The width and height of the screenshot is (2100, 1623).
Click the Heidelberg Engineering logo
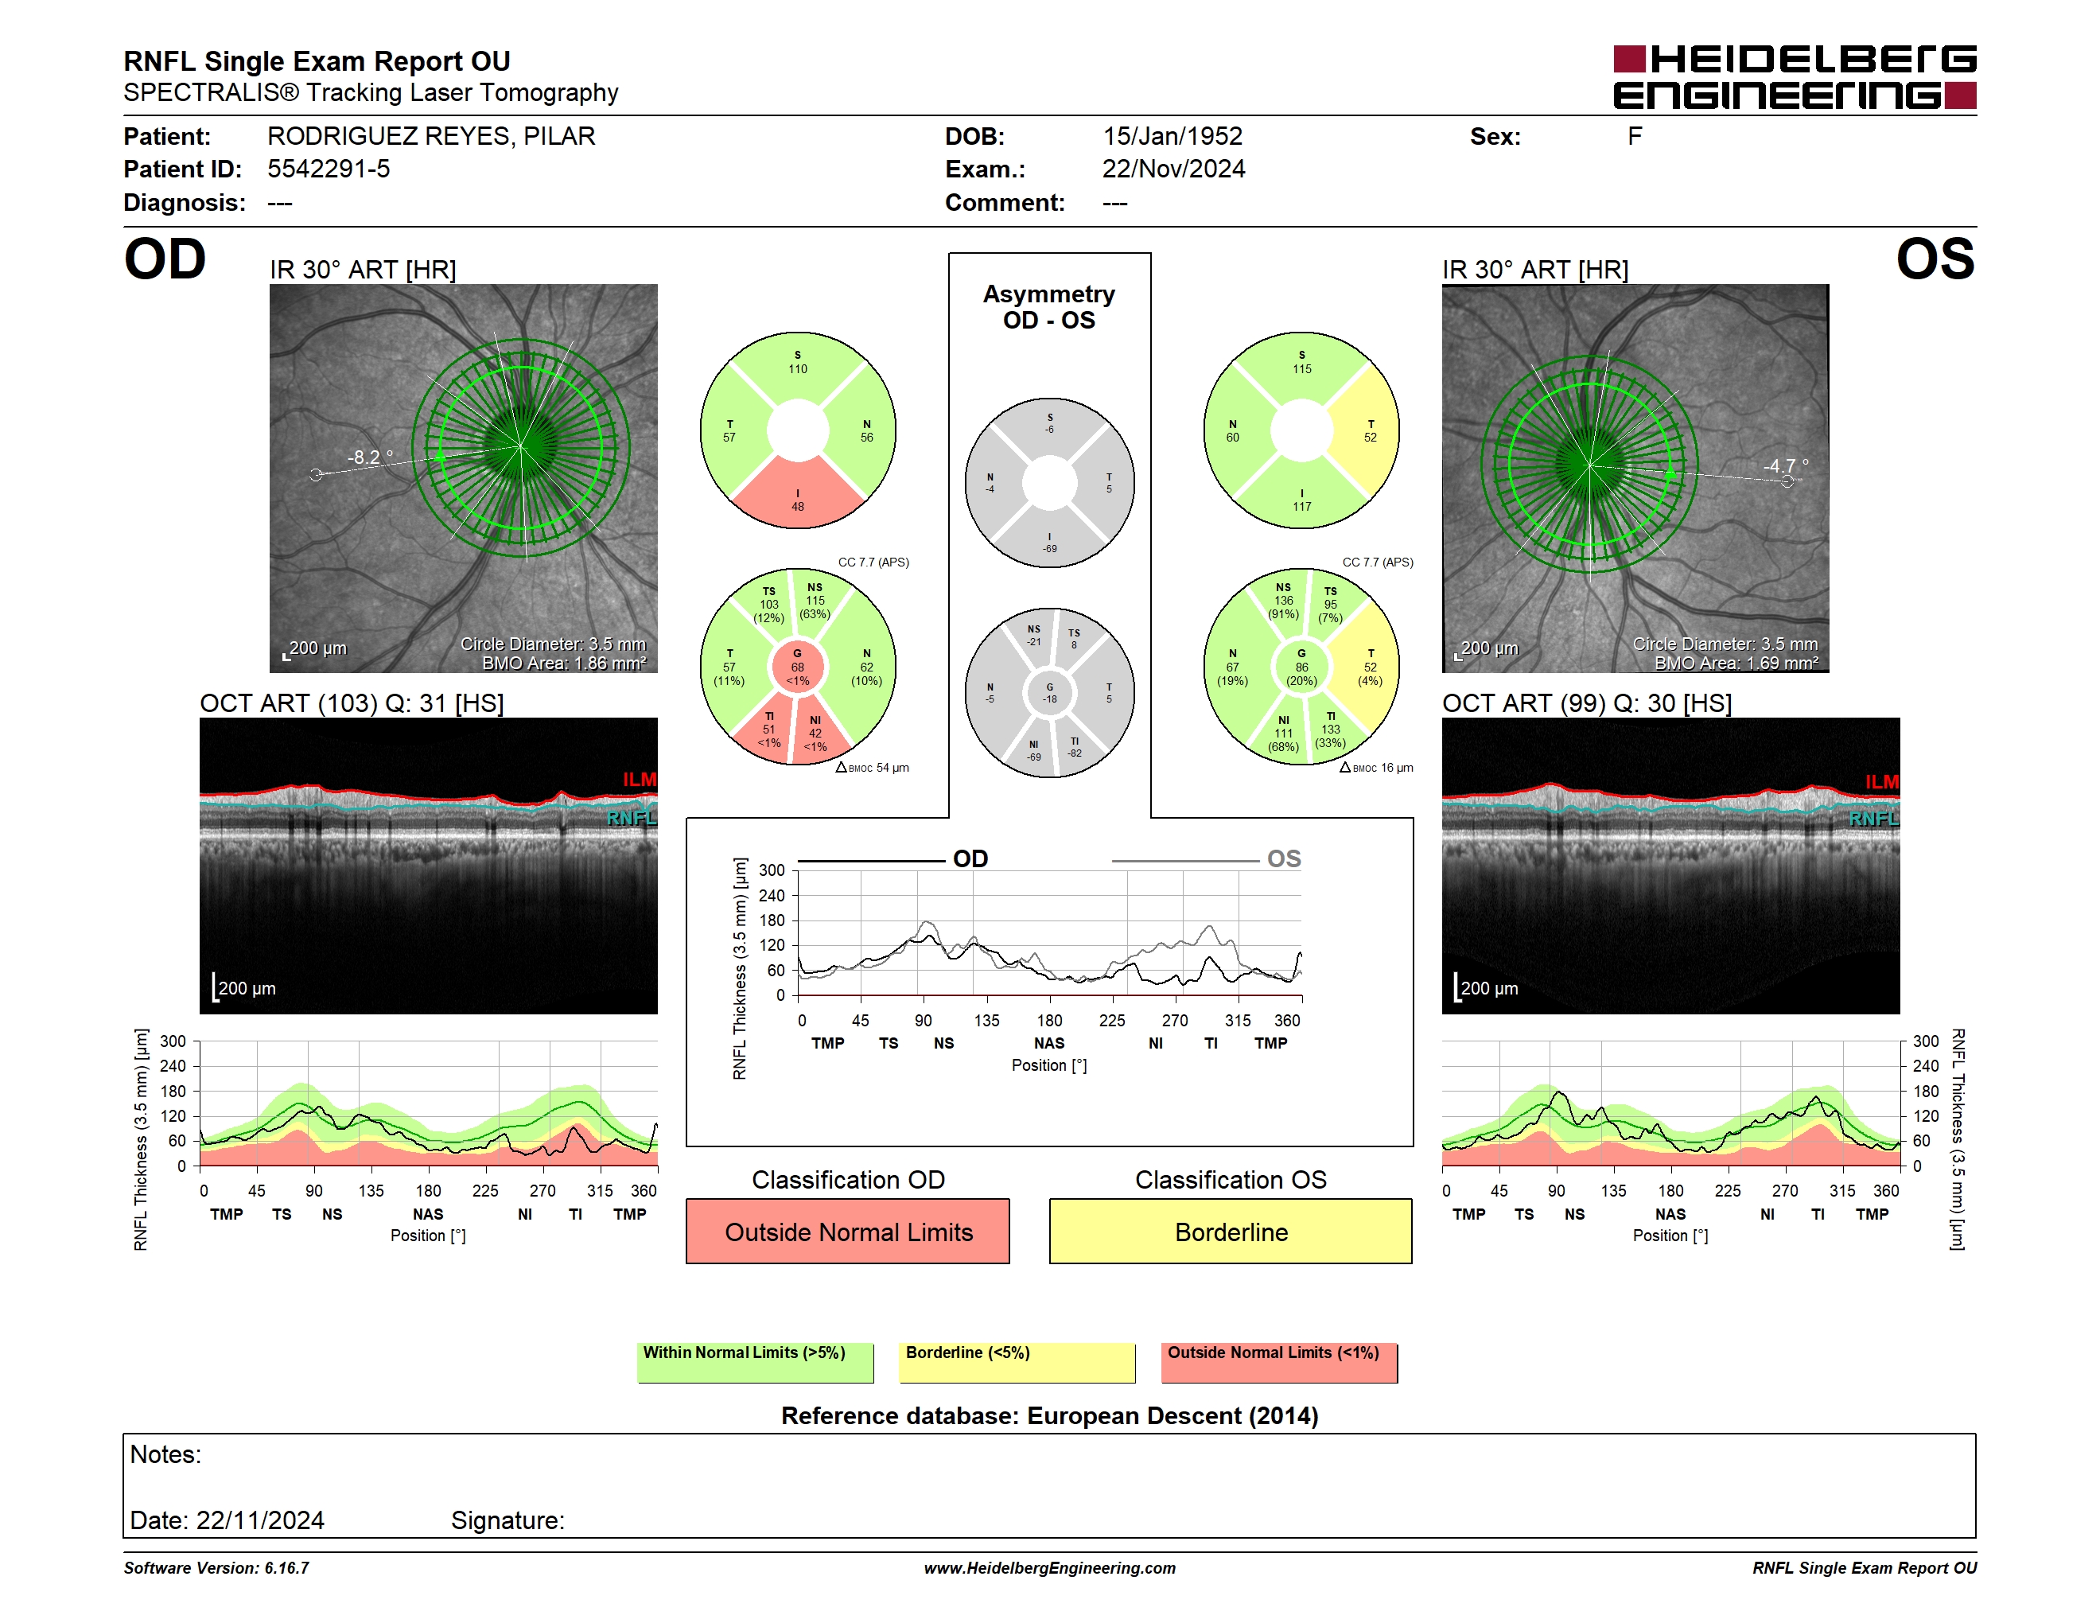click(1795, 77)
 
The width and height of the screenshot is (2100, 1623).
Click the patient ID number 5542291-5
click(329, 169)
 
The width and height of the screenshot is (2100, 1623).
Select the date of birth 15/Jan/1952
click(1172, 137)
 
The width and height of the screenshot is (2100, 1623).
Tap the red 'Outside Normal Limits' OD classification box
click(848, 1232)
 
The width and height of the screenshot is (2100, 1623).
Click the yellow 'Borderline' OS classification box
click(1231, 1232)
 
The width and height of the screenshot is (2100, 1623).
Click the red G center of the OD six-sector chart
click(798, 667)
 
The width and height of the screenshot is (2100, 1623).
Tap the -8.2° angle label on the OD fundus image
click(370, 457)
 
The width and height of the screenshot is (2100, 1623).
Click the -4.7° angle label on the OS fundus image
click(1786, 466)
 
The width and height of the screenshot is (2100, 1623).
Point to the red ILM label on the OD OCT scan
click(640, 780)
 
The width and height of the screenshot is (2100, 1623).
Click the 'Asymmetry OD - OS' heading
click(1049, 307)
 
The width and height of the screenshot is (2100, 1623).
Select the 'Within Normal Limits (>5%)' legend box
click(755, 1362)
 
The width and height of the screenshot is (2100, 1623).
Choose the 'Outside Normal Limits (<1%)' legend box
click(1279, 1362)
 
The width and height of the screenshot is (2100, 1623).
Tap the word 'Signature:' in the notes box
click(507, 1520)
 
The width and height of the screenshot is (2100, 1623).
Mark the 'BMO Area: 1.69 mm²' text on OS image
click(1736, 664)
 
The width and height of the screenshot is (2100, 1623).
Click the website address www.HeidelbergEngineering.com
click(1050, 1568)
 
